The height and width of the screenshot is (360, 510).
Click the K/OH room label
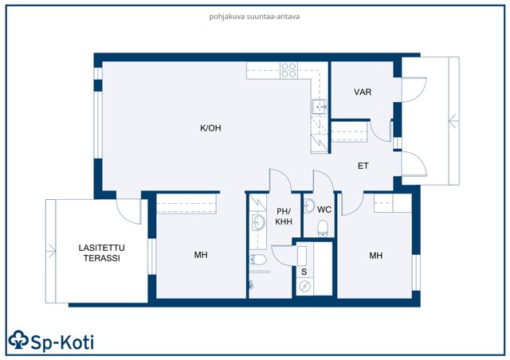pos(210,128)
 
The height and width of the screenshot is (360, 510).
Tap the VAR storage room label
pos(363,92)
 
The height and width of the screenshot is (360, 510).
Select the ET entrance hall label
pos(363,166)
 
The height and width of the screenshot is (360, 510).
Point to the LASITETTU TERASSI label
pos(101,252)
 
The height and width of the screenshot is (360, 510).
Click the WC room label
pos(324,209)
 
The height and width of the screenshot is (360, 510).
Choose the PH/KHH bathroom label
pos(284,217)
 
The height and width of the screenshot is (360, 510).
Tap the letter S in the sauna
pos(304,272)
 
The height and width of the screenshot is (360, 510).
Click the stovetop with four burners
pos(288,71)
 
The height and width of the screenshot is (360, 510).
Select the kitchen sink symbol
pos(319,107)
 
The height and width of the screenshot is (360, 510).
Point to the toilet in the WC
pos(323,228)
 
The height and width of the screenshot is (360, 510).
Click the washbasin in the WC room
pos(309,205)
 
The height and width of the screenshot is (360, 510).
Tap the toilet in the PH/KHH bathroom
pos(258,260)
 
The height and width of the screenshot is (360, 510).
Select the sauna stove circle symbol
pos(304,286)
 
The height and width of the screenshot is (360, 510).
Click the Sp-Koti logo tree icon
pos(18,340)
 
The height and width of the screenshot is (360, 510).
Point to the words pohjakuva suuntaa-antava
pos(254,17)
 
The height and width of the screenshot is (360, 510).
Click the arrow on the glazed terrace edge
pos(51,251)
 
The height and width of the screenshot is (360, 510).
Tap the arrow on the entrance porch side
pos(453,121)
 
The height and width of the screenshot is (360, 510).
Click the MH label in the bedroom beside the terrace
pos(201,255)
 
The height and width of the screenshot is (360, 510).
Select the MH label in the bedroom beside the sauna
pos(375,256)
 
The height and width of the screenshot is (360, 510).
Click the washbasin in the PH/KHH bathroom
pos(258,222)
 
